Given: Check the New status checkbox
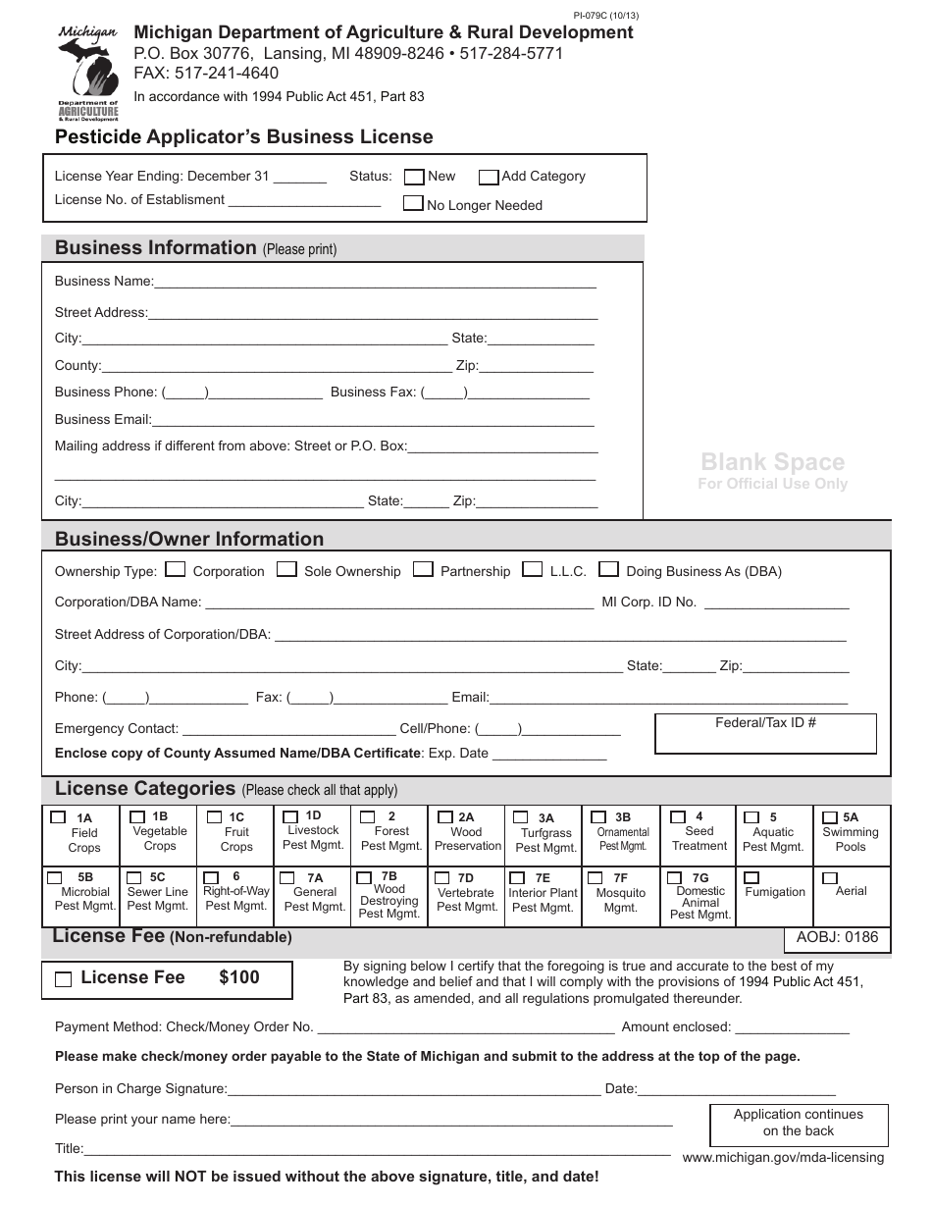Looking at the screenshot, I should [x=414, y=177].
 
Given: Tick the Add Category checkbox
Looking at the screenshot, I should [x=489, y=177].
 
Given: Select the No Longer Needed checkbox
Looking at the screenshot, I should [x=414, y=204].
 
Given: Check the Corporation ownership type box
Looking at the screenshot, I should [x=176, y=569].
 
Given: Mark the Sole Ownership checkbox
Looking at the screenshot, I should [x=286, y=569].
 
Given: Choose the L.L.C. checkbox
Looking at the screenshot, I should [x=533, y=569].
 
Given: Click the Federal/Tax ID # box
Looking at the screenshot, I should [x=765, y=734].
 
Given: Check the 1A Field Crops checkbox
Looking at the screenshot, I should [x=56, y=816].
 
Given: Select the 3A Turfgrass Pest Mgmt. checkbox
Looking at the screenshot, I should [x=518, y=816].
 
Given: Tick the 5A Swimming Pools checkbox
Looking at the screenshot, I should [x=828, y=816].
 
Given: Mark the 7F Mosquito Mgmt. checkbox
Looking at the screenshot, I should [x=595, y=877].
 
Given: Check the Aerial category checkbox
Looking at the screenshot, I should [x=830, y=877].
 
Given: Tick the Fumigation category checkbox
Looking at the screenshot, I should [x=751, y=877].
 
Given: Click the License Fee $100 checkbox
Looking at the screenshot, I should [x=64, y=978].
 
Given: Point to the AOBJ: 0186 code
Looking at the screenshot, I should [x=837, y=937].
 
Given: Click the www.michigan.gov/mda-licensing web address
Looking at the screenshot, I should [x=782, y=1157].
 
